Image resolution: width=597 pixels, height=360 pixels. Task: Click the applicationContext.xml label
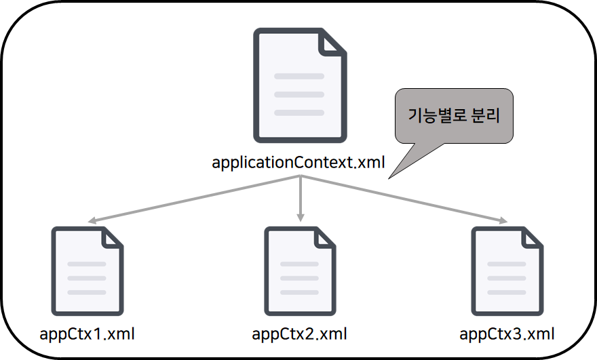298,163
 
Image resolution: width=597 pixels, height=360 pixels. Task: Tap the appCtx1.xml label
88,334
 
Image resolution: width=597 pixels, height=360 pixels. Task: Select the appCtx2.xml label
299,334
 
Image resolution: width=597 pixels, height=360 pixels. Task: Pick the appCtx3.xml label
507,334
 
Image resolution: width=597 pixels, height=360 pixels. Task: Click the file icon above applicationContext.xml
299,85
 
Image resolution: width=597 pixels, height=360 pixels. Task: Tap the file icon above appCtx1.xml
88,271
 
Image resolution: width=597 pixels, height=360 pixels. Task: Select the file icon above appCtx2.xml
300,271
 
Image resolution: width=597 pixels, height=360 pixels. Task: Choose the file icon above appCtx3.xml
507,271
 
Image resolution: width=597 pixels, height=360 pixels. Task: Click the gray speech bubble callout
454,116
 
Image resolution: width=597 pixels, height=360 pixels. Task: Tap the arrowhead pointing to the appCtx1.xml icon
90,221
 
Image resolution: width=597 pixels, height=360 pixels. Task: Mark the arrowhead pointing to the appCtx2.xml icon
300,218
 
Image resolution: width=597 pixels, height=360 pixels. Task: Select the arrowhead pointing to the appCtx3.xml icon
503,220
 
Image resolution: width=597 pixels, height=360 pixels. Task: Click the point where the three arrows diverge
299,177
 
